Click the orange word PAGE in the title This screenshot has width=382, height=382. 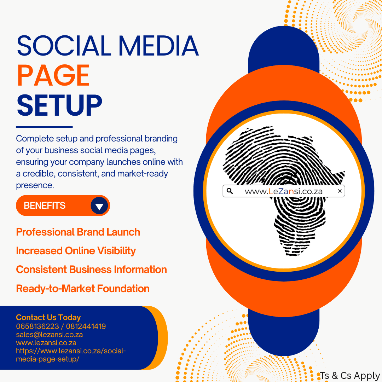pos(53,75)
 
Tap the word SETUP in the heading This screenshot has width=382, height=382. pos(59,105)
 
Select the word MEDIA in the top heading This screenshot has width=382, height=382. pos(158,46)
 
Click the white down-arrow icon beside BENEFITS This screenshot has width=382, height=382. pos(99,206)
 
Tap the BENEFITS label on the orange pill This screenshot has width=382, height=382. pos(45,206)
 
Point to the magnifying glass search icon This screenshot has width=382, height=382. pos(230,191)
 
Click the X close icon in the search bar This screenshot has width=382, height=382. pos(340,191)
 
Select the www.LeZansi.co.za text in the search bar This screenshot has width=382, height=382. pos(284,191)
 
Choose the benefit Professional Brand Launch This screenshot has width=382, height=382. pos(78,232)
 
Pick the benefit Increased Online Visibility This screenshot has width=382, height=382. pos(76,251)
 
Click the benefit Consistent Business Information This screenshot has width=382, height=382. pos(91,270)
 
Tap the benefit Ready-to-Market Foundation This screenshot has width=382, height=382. pos(82,289)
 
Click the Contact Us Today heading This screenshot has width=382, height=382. pos(48,317)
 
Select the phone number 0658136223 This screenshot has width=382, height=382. pos(37,326)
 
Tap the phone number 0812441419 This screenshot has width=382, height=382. pos(86,326)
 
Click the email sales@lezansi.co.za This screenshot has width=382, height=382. pos(49,335)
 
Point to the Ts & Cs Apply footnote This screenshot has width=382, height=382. pos(350,376)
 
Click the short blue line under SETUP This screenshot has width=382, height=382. pos(44,127)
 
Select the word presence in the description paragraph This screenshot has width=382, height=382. pos(35,186)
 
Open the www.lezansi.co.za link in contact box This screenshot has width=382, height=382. pos(46,343)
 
